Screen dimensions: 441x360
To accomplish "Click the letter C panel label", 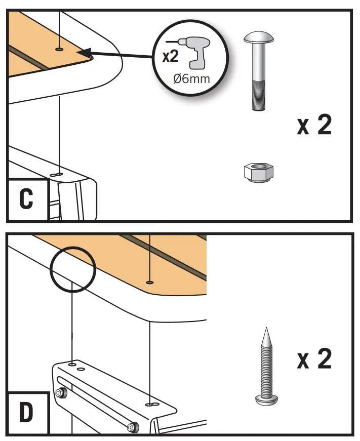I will pyautogui.click(x=26, y=199).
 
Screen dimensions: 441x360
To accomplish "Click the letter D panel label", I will pyautogui.click(x=26, y=413).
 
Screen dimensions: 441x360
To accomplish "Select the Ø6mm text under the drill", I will pyautogui.click(x=192, y=79).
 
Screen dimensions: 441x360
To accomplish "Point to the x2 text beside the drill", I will pyautogui.click(x=170, y=56).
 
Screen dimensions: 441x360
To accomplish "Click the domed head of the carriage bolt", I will pyautogui.click(x=259, y=38).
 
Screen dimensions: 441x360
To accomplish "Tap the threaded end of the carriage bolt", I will pyautogui.click(x=259, y=94).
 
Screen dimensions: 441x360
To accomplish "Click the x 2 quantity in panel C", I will pyautogui.click(x=314, y=125).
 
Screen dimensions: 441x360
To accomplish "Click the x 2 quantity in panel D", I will pyautogui.click(x=314, y=359).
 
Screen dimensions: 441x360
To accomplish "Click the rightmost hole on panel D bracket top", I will pyautogui.click(x=149, y=405).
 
